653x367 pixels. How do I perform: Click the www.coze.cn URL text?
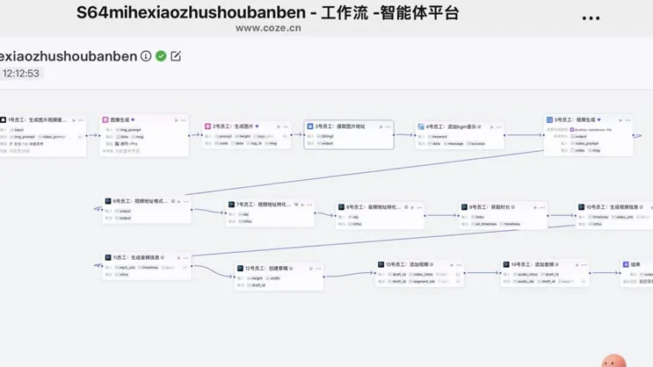pyautogui.click(x=268, y=27)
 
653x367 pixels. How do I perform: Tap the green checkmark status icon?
pyautogui.click(x=161, y=56)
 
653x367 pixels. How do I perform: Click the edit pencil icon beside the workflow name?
pyautogui.click(x=176, y=56)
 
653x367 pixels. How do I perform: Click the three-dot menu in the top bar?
pyautogui.click(x=591, y=17)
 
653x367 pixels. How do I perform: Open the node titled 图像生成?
pyautogui.click(x=122, y=119)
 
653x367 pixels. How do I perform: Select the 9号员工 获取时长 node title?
pyautogui.click(x=488, y=207)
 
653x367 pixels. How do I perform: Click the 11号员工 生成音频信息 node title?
pyautogui.click(x=137, y=257)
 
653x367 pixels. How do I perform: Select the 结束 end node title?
pyautogui.click(x=635, y=263)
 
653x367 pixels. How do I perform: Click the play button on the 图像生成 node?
pyautogui.click(x=176, y=119)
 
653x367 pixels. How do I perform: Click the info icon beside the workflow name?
pyautogui.click(x=146, y=56)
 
